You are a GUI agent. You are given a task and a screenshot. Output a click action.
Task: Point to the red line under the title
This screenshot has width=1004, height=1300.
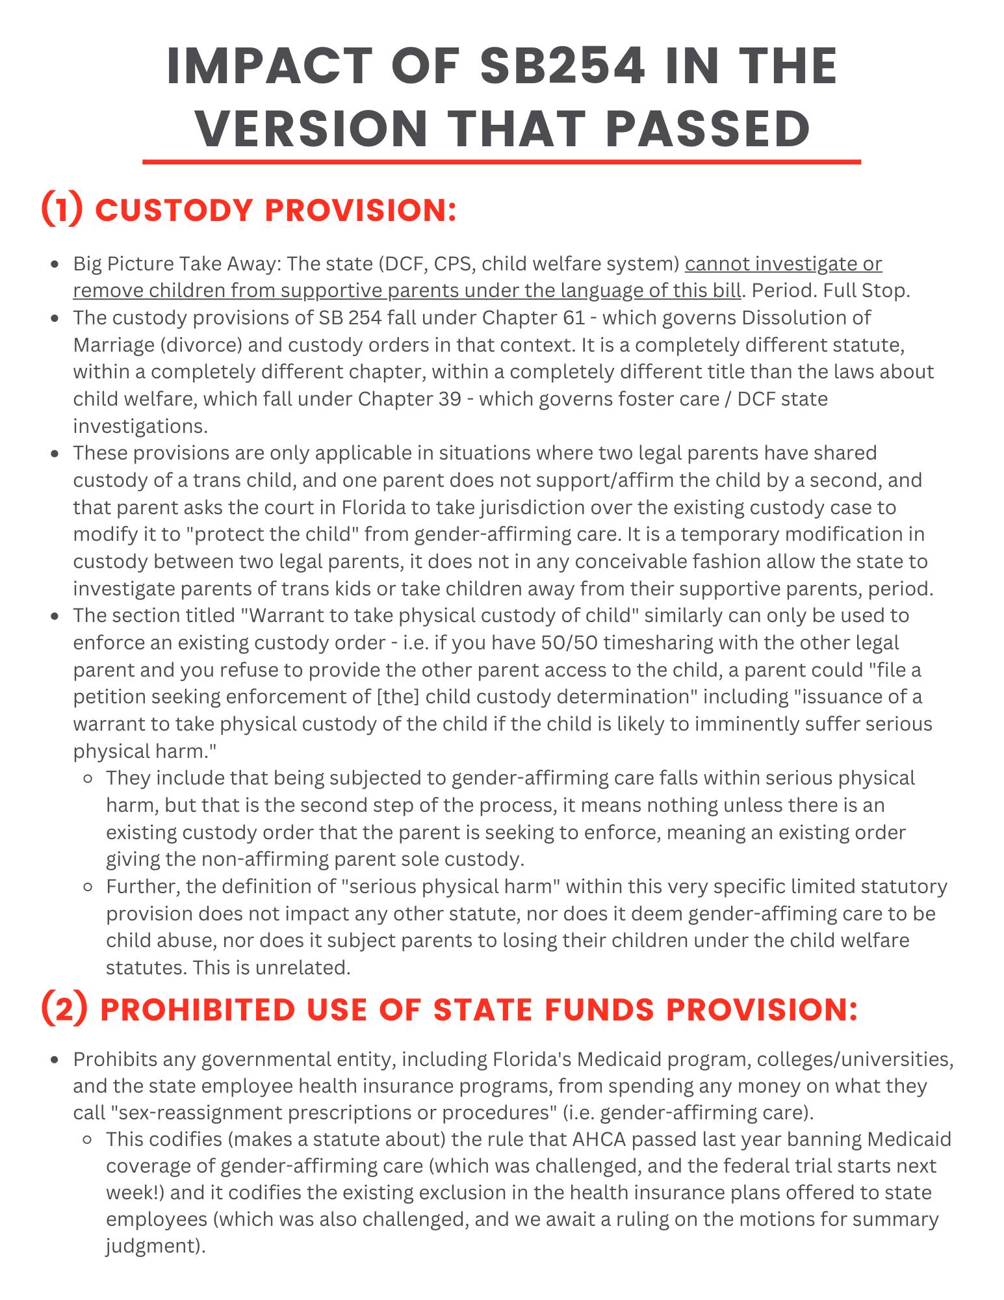502,161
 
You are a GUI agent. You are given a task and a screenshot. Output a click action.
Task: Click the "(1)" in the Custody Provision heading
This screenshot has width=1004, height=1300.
62,209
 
